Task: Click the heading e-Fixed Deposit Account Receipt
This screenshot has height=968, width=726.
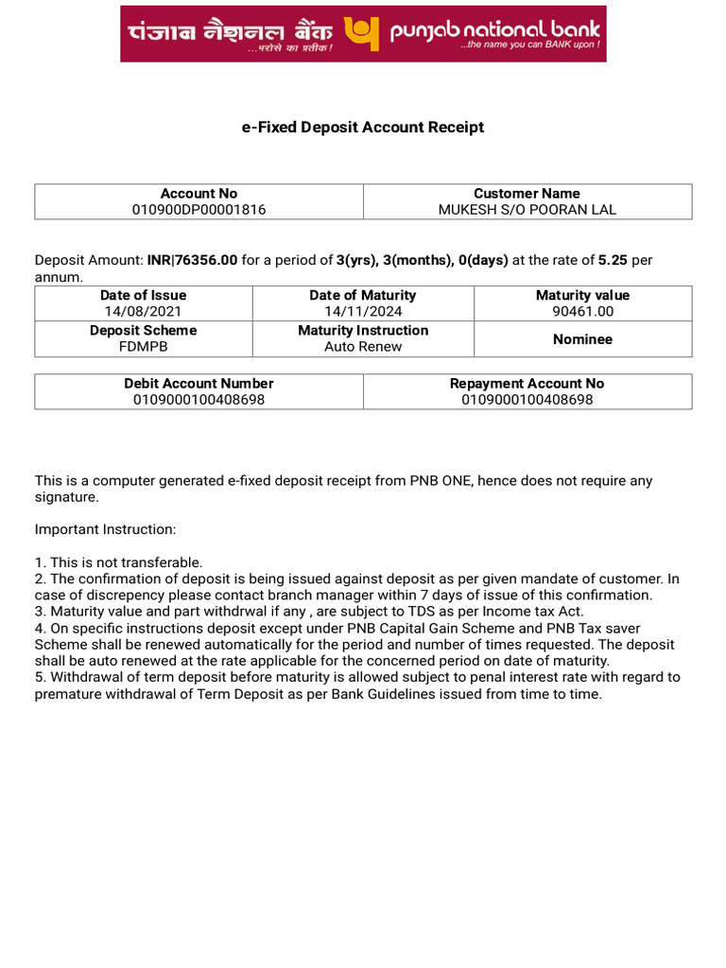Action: pyautogui.click(x=363, y=127)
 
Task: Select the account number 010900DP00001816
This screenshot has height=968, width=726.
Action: pyautogui.click(x=199, y=210)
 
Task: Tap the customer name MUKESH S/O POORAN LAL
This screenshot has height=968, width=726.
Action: pyautogui.click(x=527, y=210)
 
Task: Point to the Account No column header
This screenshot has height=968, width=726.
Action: pyautogui.click(x=199, y=193)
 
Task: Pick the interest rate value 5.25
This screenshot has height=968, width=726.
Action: pyautogui.click(x=613, y=260)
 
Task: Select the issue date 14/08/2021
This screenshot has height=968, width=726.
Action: pyautogui.click(x=143, y=311)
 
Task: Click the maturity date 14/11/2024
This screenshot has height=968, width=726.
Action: pyautogui.click(x=363, y=311)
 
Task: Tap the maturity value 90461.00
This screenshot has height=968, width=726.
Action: pyautogui.click(x=582, y=311)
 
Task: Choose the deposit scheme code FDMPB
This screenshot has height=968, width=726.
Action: pyautogui.click(x=143, y=346)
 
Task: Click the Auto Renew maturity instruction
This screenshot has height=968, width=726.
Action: pyautogui.click(x=363, y=346)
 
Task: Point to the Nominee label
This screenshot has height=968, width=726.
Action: pyautogui.click(x=582, y=338)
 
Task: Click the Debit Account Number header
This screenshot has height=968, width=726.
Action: pyautogui.click(x=199, y=383)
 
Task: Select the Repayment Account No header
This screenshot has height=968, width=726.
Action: pyautogui.click(x=527, y=383)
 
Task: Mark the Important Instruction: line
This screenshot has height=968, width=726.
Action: pyautogui.click(x=105, y=529)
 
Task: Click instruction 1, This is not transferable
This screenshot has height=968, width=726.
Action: pyautogui.click(x=119, y=562)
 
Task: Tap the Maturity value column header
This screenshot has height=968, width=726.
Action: pyautogui.click(x=582, y=295)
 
